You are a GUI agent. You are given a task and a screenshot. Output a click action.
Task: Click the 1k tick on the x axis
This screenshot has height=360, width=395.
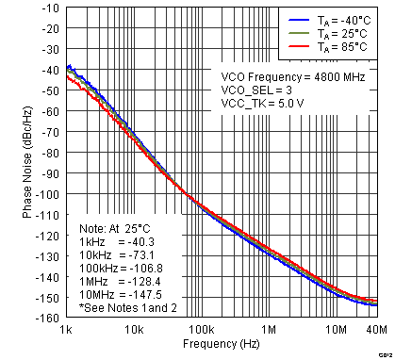67,330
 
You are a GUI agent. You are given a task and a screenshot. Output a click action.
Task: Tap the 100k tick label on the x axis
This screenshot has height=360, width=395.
202,330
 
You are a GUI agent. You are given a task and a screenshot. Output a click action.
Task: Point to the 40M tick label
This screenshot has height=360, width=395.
375,330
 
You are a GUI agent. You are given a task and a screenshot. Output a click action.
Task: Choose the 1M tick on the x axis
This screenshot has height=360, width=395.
270,330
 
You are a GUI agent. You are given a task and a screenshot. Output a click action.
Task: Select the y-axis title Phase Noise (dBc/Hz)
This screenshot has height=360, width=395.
27,163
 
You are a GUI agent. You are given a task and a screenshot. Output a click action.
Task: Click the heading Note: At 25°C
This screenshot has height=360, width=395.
116,227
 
